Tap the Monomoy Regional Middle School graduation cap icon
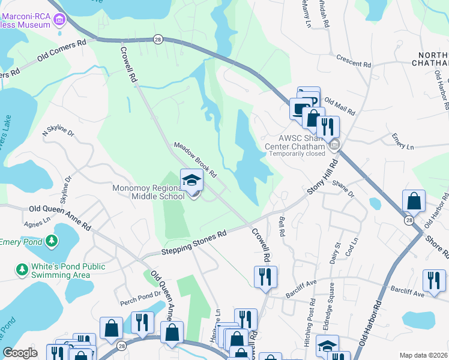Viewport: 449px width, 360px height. point(191,180)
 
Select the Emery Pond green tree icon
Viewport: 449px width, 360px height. point(52,241)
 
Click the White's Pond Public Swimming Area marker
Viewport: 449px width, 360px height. point(22,271)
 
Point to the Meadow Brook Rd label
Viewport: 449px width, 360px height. point(195,158)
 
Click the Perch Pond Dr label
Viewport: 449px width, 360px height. point(137,294)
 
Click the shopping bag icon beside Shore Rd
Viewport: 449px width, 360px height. point(414,200)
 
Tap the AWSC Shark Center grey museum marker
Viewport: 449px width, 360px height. point(336,145)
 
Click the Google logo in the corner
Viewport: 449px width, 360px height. point(20,353)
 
